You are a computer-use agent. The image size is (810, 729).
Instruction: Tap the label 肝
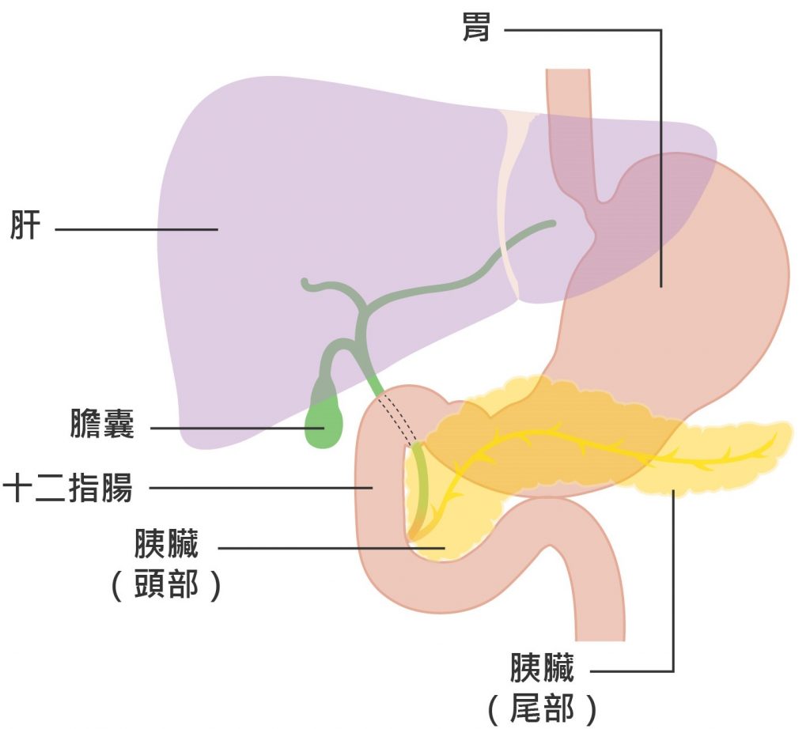25,226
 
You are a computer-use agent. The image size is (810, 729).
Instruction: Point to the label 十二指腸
68,488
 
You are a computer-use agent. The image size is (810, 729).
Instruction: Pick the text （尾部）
543,708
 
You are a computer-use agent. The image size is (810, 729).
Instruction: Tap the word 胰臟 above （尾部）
543,668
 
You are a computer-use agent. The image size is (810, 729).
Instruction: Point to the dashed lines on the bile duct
398,420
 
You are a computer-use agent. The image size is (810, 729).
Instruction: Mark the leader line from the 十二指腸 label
261,488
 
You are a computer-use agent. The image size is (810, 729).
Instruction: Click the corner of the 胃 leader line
660,31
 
